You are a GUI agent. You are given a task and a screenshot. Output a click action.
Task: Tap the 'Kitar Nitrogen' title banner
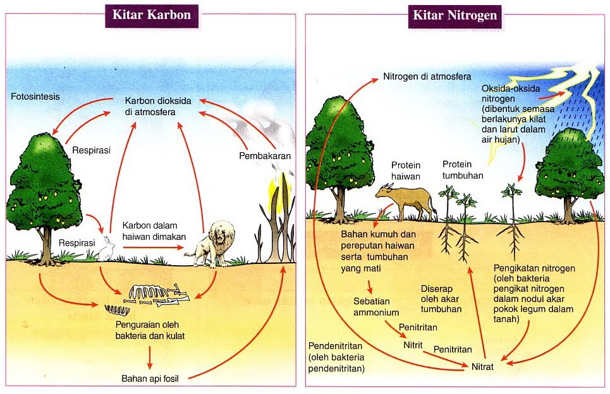pos(454,15)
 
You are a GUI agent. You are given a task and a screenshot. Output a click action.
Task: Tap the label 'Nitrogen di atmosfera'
pos(427,78)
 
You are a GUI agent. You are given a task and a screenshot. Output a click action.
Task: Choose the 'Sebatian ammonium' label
pos(376,307)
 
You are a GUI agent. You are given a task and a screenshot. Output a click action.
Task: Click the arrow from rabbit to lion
pos(152,247)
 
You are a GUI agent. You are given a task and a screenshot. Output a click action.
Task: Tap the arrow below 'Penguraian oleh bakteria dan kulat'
pos(150,357)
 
